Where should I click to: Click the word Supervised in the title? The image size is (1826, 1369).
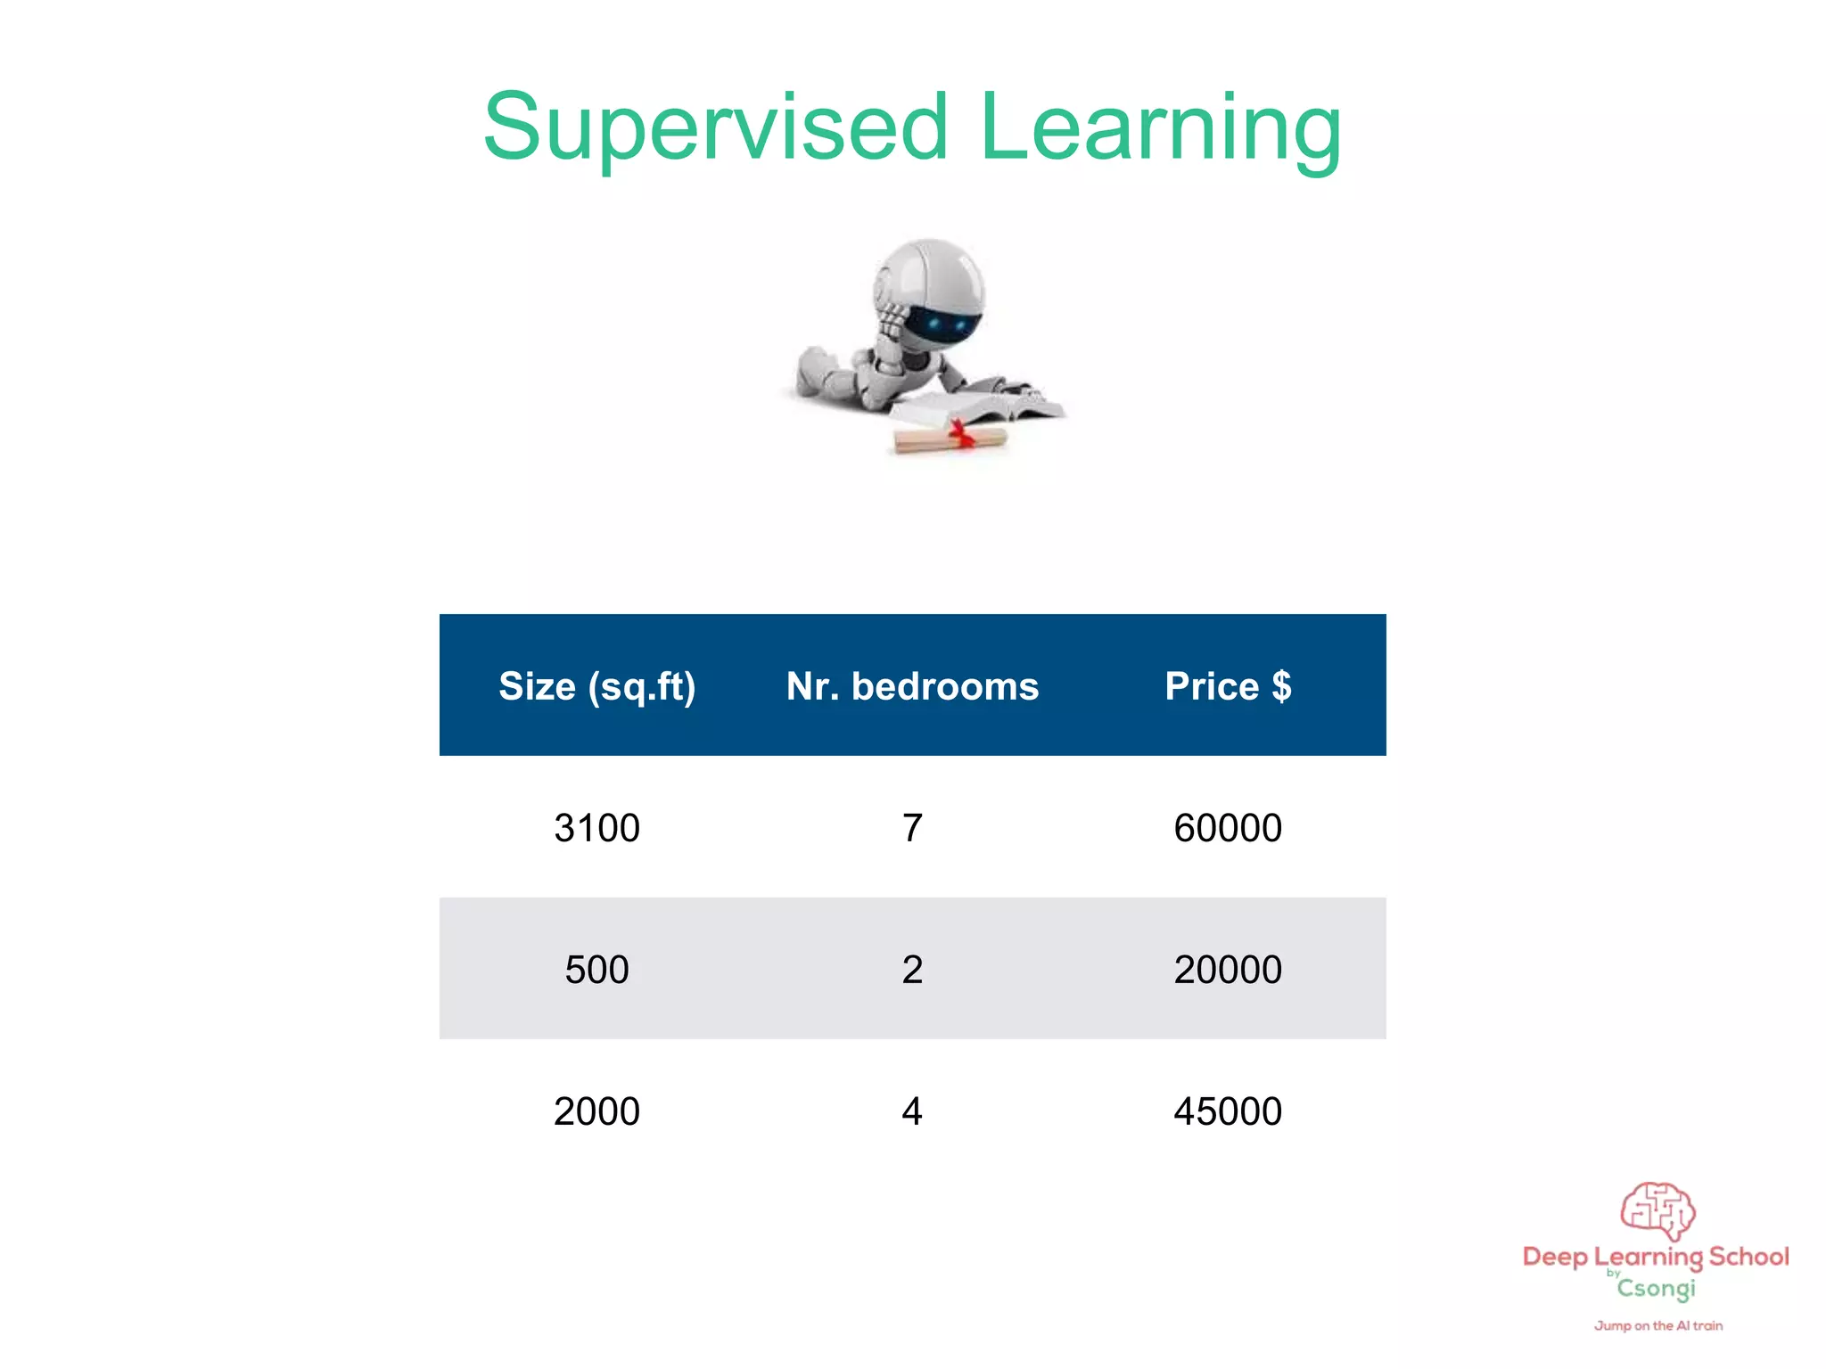point(715,129)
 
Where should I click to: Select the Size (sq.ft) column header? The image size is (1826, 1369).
point(596,686)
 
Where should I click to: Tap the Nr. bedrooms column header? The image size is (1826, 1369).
point(912,686)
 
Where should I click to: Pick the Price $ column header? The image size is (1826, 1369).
point(1228,686)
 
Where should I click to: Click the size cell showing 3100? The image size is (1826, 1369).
point(596,828)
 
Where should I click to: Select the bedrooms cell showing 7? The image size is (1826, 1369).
point(912,828)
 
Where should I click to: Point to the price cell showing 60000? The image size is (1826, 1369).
point(1228,828)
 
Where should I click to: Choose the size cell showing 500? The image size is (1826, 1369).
point(596,970)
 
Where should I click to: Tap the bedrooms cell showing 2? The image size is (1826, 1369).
point(912,970)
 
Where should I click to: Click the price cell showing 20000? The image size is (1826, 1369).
point(1228,970)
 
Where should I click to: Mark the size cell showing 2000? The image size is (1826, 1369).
point(596,1111)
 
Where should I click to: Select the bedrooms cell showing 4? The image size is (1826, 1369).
point(912,1111)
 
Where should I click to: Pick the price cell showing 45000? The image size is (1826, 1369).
point(1228,1111)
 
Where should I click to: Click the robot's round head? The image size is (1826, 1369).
point(930,290)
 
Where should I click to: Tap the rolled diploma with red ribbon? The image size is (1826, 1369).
point(950,439)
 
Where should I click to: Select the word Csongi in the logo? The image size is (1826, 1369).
point(1657,1289)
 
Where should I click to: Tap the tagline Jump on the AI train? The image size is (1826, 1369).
point(1658,1326)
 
